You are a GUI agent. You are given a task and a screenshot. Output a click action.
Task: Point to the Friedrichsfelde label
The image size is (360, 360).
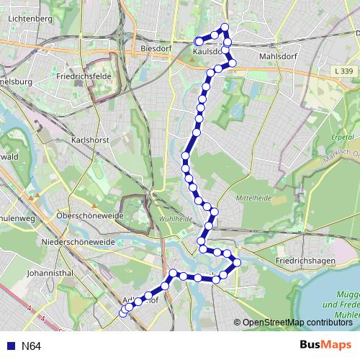[81, 73]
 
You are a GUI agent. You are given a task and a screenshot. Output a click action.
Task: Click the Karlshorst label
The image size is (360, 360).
[89, 140]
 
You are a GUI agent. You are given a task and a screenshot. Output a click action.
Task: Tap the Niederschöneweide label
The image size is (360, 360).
[78, 242]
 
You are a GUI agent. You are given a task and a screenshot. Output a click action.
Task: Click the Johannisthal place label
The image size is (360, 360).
[48, 273]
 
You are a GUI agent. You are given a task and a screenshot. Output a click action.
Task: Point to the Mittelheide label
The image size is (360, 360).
[253, 196]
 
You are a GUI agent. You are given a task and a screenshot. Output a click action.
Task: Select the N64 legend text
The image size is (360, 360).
[31, 346]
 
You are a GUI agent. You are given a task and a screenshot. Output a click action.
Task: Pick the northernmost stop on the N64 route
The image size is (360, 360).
[225, 27]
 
